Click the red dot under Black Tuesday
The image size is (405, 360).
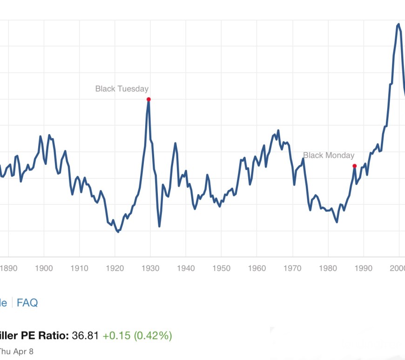148,99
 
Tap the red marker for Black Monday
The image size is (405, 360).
354,166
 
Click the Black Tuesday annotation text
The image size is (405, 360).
122,88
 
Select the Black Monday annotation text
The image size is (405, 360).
329,156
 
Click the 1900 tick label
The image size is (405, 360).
44,268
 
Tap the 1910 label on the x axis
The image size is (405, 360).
79,268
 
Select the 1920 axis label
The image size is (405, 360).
115,268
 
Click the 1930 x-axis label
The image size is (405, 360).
150,268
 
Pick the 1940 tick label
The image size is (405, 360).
186,268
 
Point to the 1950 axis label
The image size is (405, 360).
221,268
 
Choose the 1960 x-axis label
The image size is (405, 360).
256,268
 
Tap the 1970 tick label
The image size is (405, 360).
292,268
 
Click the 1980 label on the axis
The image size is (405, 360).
328,268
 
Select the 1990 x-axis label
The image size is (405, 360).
363,268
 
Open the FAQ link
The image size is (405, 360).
27,303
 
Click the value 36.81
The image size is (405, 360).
85,335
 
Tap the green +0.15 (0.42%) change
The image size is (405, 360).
137,335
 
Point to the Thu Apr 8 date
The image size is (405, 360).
17,351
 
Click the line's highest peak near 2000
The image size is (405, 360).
398,24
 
